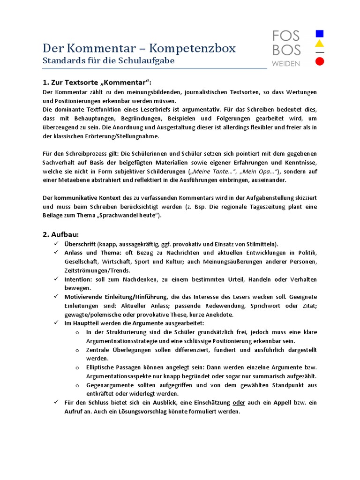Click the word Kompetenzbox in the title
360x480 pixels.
coord(189,48)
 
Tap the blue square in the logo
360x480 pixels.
coord(320,34)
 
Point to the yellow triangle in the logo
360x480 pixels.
coord(320,44)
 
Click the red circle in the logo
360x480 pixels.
coord(320,61)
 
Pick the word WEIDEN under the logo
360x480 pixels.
coord(286,63)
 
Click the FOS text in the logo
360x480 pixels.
coord(286,36)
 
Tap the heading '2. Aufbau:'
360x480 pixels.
coord(61,234)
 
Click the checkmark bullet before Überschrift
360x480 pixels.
coord(56,244)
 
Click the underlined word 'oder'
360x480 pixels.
coord(239,403)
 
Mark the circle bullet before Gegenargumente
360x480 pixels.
coord(77,385)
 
